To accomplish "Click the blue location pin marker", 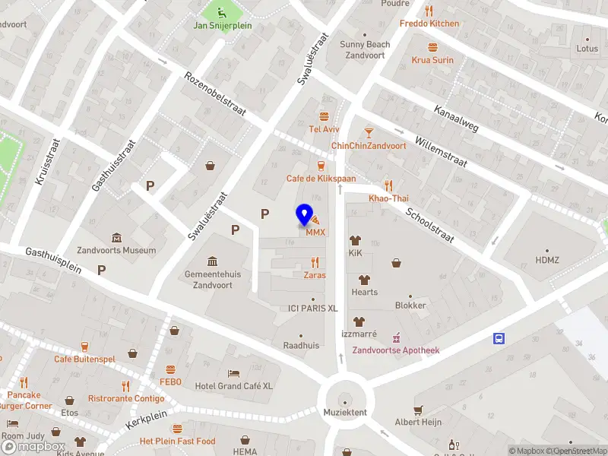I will click(x=305, y=215).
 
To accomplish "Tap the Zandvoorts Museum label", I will click(x=116, y=250).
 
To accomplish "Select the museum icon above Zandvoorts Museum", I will click(x=116, y=238).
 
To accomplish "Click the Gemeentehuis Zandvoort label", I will click(x=209, y=279).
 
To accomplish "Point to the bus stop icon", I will click(x=499, y=338).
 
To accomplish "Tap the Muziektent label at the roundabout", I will click(x=345, y=412).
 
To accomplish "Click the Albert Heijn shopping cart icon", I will click(x=418, y=410).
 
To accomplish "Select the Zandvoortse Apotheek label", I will click(x=395, y=350).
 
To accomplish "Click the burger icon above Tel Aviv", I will click(x=325, y=116).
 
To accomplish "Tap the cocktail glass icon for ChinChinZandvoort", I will click(x=369, y=133).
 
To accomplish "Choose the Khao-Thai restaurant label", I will click(x=388, y=198).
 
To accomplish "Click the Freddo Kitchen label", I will click(x=429, y=24).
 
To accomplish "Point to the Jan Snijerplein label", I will click(x=222, y=26).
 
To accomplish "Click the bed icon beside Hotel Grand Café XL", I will click(x=234, y=374).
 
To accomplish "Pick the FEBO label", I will click(x=170, y=382).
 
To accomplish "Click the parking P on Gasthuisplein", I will click(x=101, y=269).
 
